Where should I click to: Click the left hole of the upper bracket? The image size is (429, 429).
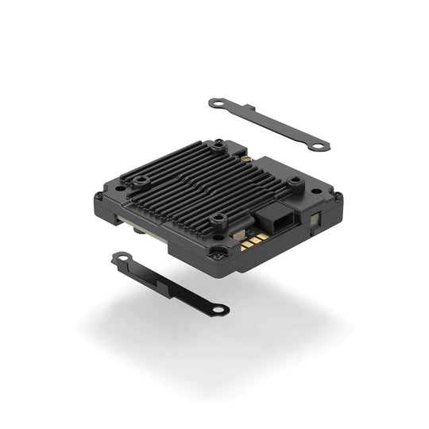(x=214, y=102)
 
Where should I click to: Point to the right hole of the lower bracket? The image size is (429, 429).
(x=221, y=308)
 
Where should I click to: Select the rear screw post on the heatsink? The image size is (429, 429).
(x=218, y=145)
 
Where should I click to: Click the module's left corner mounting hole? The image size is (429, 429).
(x=99, y=196)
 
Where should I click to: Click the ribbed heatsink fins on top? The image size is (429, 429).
(x=199, y=183)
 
